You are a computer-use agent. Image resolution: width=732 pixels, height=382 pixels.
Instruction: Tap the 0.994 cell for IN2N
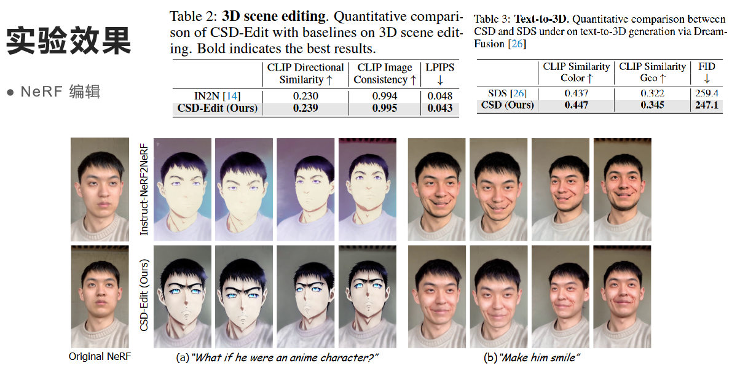[x=385, y=96]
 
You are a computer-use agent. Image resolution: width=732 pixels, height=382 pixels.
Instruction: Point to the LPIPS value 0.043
[x=440, y=109]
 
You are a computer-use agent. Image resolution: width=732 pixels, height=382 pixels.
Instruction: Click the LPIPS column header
[x=440, y=67]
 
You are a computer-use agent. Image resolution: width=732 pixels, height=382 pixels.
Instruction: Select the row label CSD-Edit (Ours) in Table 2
[x=218, y=109]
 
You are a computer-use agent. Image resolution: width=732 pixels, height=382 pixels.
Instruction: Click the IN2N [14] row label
[x=217, y=96]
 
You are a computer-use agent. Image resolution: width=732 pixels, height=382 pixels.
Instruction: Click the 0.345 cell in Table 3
[x=652, y=105]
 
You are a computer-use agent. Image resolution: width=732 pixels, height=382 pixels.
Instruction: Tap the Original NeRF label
[x=100, y=356]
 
